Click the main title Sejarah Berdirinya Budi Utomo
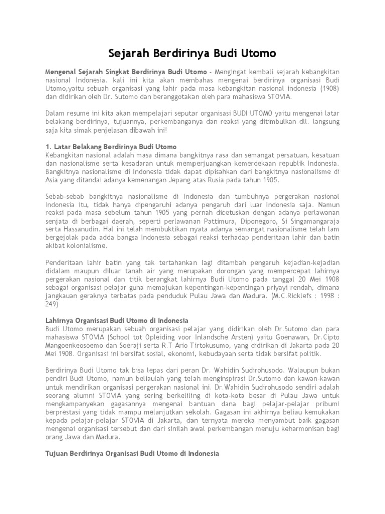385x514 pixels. click(x=192, y=53)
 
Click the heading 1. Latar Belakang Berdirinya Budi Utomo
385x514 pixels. click(x=111, y=147)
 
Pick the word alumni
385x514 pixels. click(x=85, y=395)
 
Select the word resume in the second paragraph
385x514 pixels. click(x=78, y=113)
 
